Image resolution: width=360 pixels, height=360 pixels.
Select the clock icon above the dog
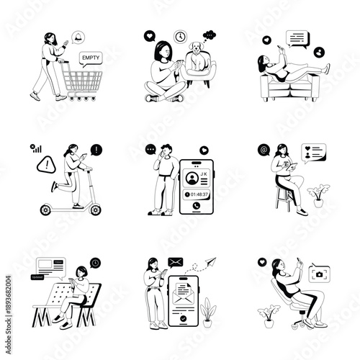[180, 36]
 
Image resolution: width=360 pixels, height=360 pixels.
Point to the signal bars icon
[34, 149]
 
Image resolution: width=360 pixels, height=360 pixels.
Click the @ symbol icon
[264, 150]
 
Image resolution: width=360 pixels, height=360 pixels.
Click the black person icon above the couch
[319, 52]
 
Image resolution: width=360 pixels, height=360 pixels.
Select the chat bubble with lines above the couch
[296, 38]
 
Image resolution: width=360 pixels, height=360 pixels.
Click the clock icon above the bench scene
[96, 263]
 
